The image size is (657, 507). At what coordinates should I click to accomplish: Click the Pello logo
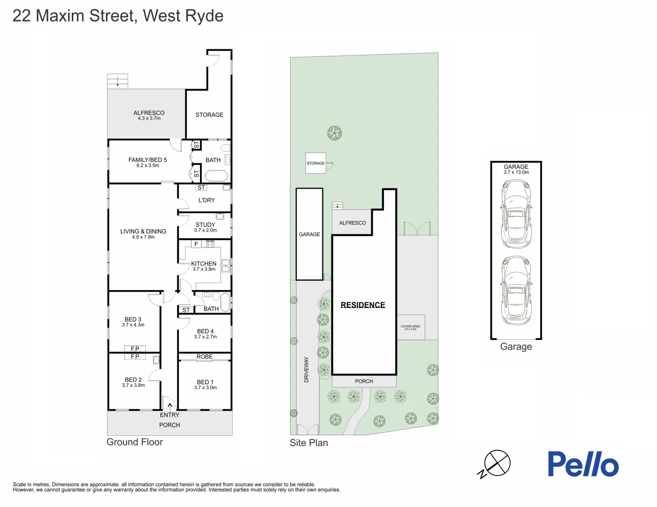click(x=583, y=464)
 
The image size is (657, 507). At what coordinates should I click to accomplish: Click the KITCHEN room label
click(x=204, y=264)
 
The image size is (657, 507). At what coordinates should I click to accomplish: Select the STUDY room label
click(x=206, y=225)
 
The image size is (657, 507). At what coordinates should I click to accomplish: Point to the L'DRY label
click(x=206, y=200)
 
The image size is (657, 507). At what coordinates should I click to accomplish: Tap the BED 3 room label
click(x=133, y=320)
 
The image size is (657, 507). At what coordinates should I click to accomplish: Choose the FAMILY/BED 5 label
click(x=147, y=160)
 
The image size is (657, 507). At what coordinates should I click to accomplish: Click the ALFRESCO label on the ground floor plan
click(x=149, y=113)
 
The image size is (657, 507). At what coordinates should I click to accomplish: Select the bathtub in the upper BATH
click(x=216, y=176)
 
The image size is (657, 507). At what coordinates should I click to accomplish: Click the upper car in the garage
click(x=516, y=214)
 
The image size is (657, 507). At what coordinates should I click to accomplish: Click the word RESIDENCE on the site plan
click(x=363, y=305)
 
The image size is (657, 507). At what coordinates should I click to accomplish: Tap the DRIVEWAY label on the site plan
click(x=306, y=369)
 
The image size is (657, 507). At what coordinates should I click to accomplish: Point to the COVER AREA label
click(x=411, y=327)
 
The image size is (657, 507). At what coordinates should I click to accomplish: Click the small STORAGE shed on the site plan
click(x=315, y=163)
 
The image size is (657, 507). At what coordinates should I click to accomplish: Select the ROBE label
click(x=205, y=357)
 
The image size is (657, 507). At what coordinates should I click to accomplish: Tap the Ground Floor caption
click(x=135, y=442)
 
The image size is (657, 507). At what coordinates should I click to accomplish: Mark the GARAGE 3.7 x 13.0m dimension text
click(x=516, y=172)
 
